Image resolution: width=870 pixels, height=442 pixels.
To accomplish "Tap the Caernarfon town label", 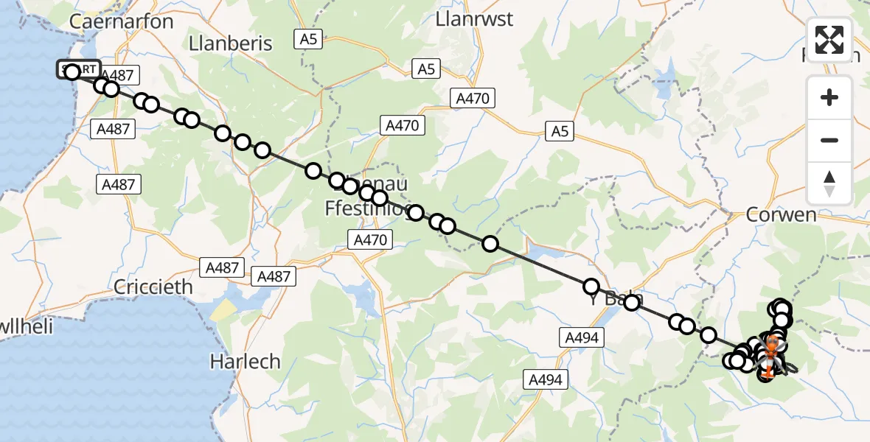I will click(121, 21).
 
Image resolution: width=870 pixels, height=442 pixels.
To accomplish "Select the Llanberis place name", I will click(231, 43).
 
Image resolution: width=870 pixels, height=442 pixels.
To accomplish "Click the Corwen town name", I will click(781, 215).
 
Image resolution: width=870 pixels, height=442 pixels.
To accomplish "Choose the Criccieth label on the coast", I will click(153, 287).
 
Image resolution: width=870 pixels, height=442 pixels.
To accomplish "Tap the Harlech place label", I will click(245, 362).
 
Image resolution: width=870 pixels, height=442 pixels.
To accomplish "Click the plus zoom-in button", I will click(829, 97).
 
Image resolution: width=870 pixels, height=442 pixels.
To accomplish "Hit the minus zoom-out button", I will click(829, 140).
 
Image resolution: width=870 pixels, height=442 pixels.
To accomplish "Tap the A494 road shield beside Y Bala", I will click(582, 337).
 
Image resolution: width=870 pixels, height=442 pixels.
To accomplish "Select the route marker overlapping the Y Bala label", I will click(632, 302).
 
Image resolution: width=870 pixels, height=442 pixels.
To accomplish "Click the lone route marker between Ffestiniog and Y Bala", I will click(490, 244).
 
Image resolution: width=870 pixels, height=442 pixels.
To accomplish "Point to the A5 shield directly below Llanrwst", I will click(425, 69).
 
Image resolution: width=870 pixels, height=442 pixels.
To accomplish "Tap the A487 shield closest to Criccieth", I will click(223, 267).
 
